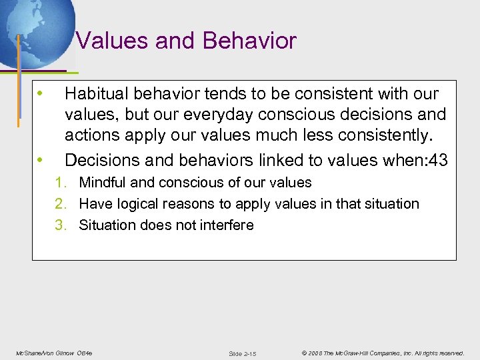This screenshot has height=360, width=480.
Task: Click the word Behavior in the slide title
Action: [249, 41]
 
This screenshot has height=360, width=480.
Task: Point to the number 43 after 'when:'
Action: [440, 160]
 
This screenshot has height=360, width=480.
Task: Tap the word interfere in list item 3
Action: [225, 225]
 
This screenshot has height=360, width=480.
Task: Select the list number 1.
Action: [60, 183]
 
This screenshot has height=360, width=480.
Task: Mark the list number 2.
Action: [60, 204]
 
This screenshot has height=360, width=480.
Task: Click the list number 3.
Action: [60, 225]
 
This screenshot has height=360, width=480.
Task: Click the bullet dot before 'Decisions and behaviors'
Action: [41, 159]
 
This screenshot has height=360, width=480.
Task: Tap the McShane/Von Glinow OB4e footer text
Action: [54, 353]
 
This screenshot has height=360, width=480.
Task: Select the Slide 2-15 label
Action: [242, 353]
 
